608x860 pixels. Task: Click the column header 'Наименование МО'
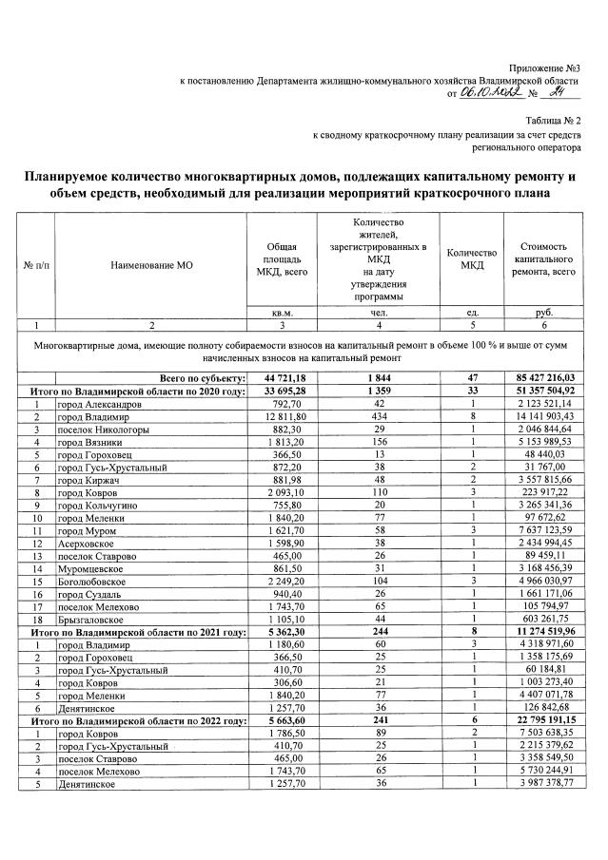coord(151,266)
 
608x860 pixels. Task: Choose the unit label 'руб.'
coord(543,313)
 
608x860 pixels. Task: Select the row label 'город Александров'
coord(100,404)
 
